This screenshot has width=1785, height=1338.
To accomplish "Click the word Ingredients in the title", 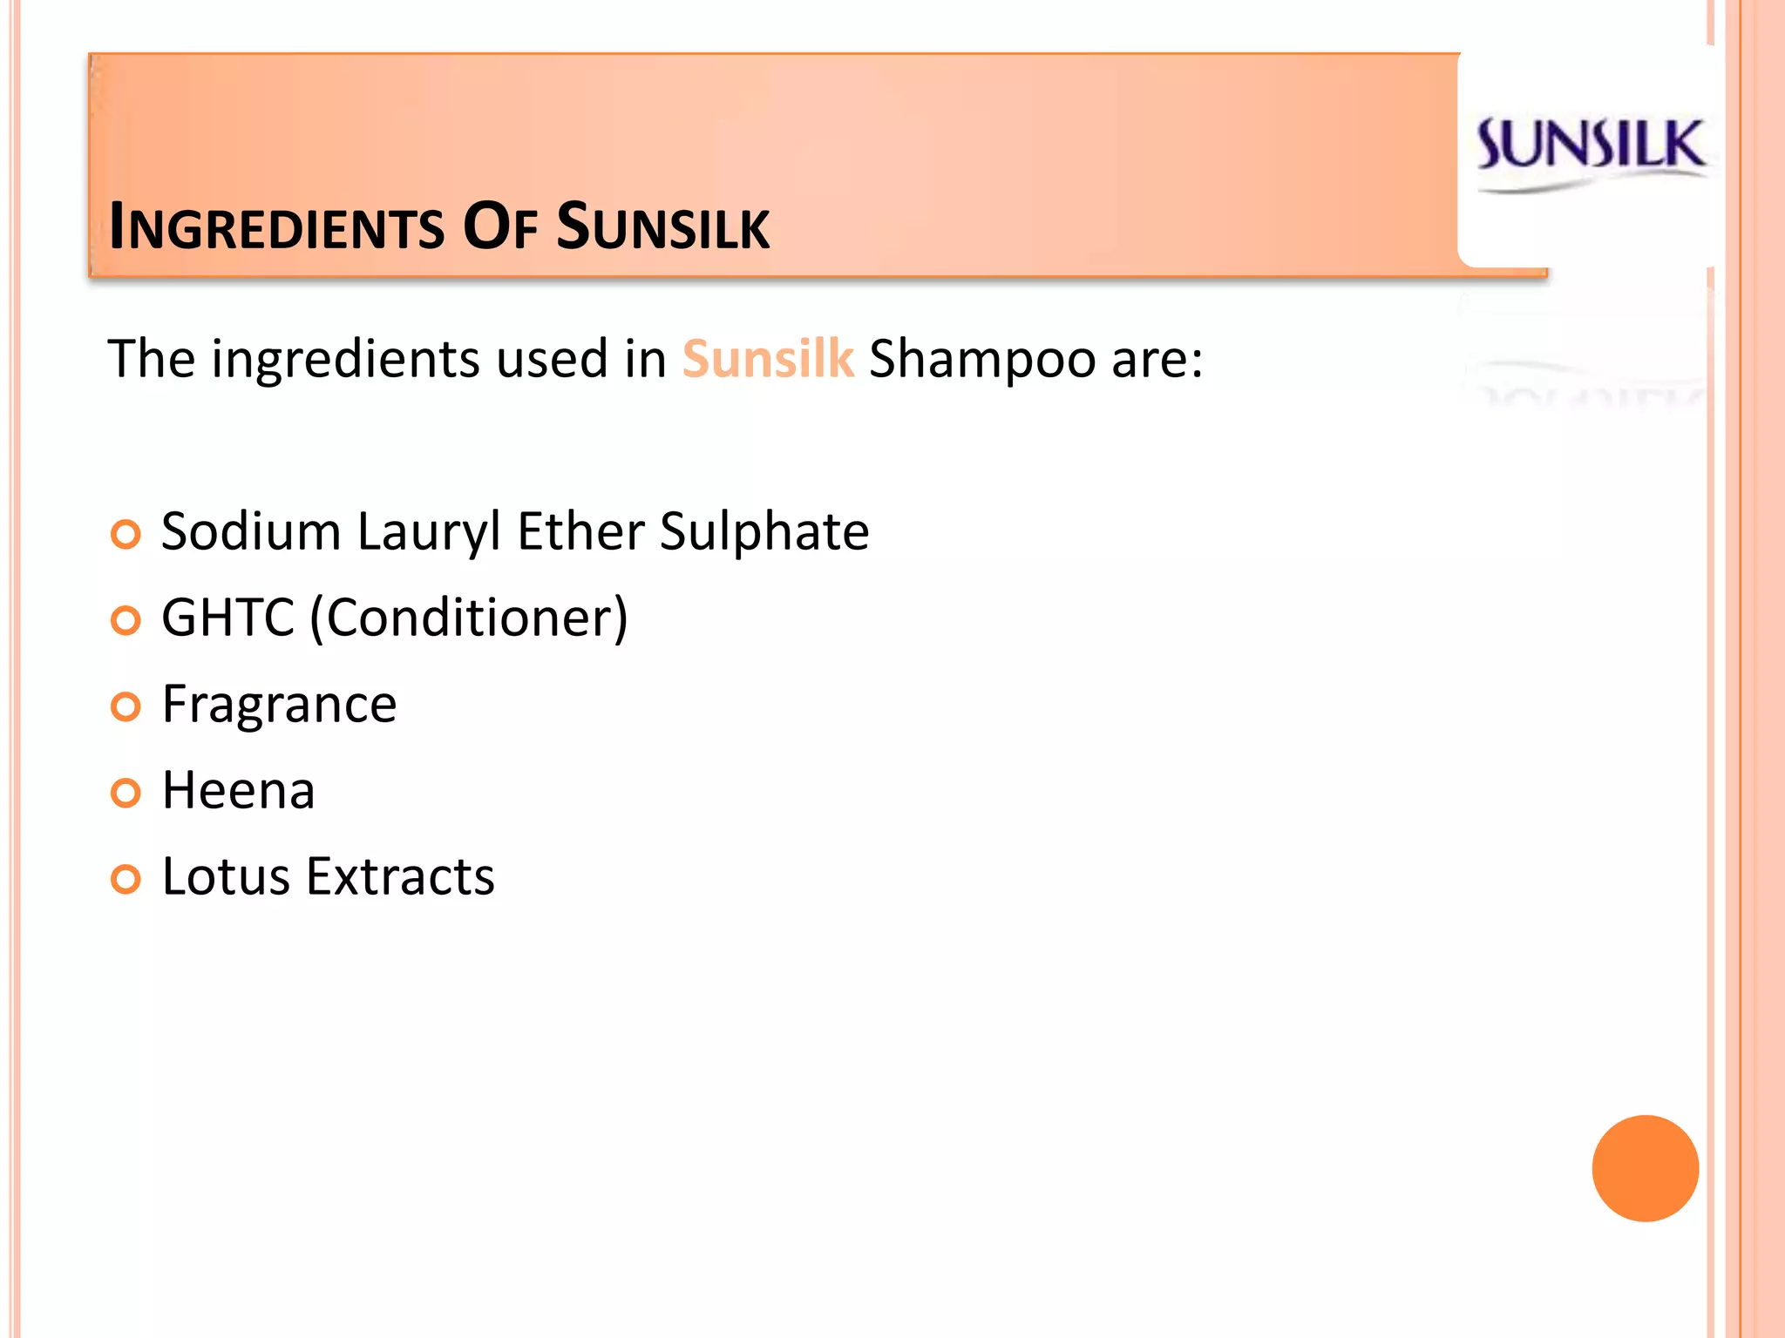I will coord(276,227).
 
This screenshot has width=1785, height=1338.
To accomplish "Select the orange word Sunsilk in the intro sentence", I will coord(767,359).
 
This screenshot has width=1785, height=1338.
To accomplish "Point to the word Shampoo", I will coord(982,359).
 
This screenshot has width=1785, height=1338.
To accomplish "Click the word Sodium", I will coord(251,531).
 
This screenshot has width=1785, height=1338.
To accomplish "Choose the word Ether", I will coord(580,531).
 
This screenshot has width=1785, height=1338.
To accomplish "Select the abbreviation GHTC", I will coord(228,618).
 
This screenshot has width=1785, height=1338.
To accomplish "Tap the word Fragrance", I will coord(279,705).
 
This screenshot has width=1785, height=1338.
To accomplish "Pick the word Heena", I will coord(238,791).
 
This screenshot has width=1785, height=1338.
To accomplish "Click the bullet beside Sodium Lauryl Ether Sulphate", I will coord(126,534).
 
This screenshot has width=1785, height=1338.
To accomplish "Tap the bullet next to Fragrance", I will coord(126,706).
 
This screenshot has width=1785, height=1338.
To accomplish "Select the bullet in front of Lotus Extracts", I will coord(126,879).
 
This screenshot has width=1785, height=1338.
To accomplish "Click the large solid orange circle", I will coord(1645,1168).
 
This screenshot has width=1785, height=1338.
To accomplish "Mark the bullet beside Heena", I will coord(126,793).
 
